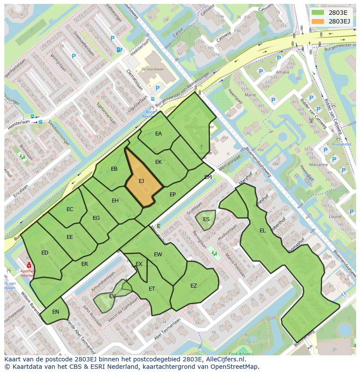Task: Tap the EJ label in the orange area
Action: (x=141, y=181)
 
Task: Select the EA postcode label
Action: (x=158, y=134)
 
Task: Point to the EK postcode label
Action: (x=158, y=162)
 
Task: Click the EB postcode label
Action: (x=114, y=169)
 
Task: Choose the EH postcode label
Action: (x=115, y=201)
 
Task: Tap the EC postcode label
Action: (x=70, y=209)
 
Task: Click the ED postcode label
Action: (x=45, y=253)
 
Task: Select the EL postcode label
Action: (x=262, y=231)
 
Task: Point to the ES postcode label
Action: (x=206, y=219)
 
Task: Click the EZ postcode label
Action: (x=194, y=286)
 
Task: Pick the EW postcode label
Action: (x=158, y=255)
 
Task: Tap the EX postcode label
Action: (x=139, y=264)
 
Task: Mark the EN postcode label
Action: (x=56, y=312)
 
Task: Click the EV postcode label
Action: (x=112, y=296)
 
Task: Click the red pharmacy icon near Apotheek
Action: (x=29, y=265)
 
